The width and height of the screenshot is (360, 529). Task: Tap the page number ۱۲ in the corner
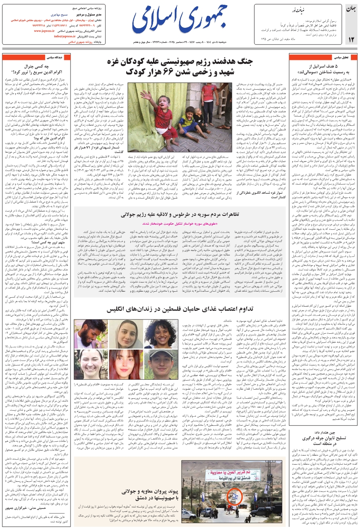tap(350, 39)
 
